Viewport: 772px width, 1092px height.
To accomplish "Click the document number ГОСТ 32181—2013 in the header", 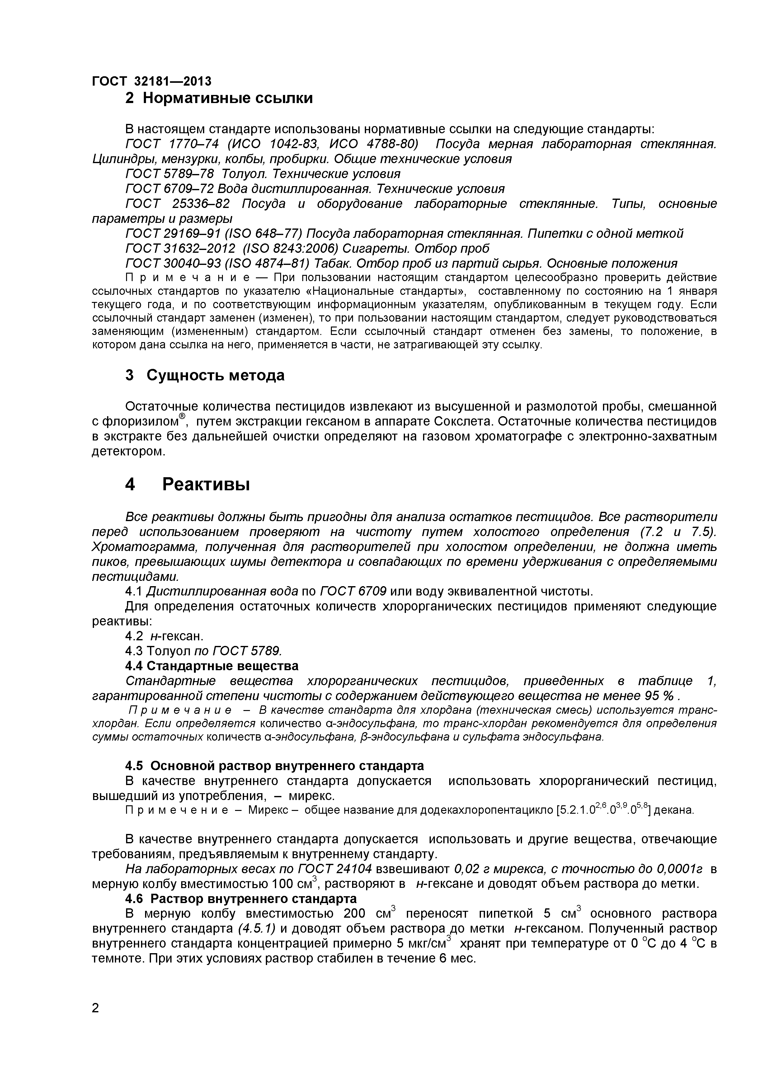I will coord(151,81).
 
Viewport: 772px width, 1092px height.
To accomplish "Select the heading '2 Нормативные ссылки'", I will coord(219,98).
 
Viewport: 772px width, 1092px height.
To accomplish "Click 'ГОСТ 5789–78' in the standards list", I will coord(169,174).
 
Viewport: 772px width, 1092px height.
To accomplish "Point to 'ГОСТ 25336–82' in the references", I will coord(177,204).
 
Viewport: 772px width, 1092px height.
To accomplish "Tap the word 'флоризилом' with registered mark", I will coord(141,422).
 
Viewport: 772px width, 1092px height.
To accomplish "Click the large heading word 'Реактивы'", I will coord(206,485).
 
